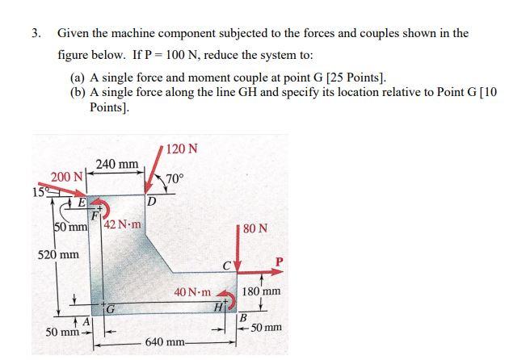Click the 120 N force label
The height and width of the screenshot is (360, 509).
(180, 149)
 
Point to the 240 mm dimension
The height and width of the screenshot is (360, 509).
(117, 164)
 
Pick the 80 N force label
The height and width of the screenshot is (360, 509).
(254, 228)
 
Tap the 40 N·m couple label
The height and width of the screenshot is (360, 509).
(192, 292)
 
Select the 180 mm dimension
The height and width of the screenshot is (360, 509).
(261, 291)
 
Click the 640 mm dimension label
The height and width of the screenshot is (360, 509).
(166, 342)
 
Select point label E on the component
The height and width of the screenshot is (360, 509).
(82, 203)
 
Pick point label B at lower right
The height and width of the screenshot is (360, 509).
(241, 317)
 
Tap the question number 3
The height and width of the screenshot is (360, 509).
(36, 34)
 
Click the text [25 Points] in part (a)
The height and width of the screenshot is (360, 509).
(353, 77)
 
